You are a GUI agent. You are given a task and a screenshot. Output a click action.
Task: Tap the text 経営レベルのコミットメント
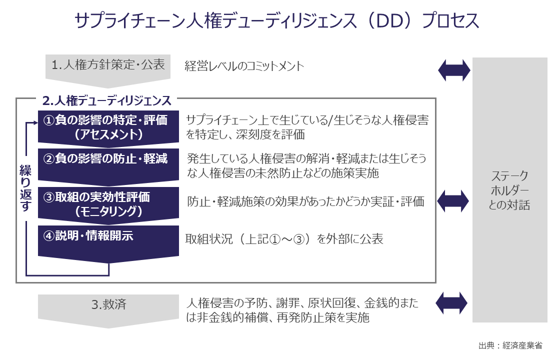(244, 66)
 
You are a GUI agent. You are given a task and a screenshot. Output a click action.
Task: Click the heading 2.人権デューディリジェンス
(107, 100)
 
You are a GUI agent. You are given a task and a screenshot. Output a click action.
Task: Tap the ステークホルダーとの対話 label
(509, 190)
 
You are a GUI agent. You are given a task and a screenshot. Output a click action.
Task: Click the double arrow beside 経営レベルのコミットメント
(454, 70)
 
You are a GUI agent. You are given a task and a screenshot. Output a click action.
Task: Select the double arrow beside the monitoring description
(454, 201)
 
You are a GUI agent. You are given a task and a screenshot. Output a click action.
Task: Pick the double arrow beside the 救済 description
(454, 302)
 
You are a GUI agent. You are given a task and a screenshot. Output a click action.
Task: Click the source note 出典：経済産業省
(510, 345)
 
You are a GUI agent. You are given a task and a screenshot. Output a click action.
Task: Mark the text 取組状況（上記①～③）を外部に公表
(284, 239)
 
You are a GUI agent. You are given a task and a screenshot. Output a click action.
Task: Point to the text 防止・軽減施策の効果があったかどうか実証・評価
(305, 201)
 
